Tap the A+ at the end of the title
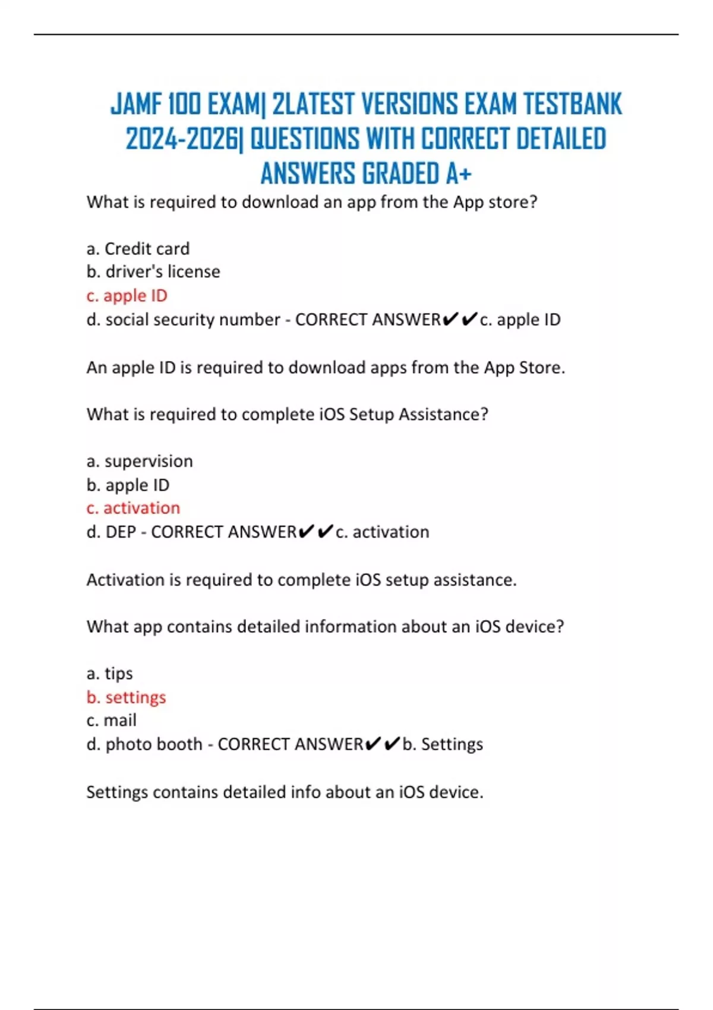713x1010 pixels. [458, 174]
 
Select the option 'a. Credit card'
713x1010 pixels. [138, 248]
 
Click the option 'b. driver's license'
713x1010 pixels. [153, 272]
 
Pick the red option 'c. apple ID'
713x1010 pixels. [127, 295]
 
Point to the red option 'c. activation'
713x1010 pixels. [133, 508]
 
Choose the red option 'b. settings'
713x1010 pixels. [126, 697]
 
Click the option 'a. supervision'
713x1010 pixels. [140, 461]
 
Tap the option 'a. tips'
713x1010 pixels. [109, 673]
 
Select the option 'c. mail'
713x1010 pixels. [111, 720]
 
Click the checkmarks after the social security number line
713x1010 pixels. [460, 320]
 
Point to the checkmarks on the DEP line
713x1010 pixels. [316, 532]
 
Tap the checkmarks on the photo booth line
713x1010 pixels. [383, 744]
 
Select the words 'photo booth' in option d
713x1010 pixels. [154, 744]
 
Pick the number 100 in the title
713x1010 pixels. [184, 105]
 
